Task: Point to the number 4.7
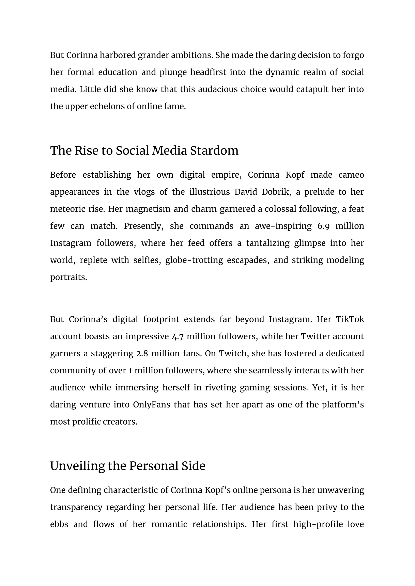click(x=178, y=337)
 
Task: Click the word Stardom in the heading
click(x=214, y=151)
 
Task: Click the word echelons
click(x=107, y=106)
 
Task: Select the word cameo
click(x=351, y=175)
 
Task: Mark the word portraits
click(x=68, y=278)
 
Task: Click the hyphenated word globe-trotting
click(x=194, y=260)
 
